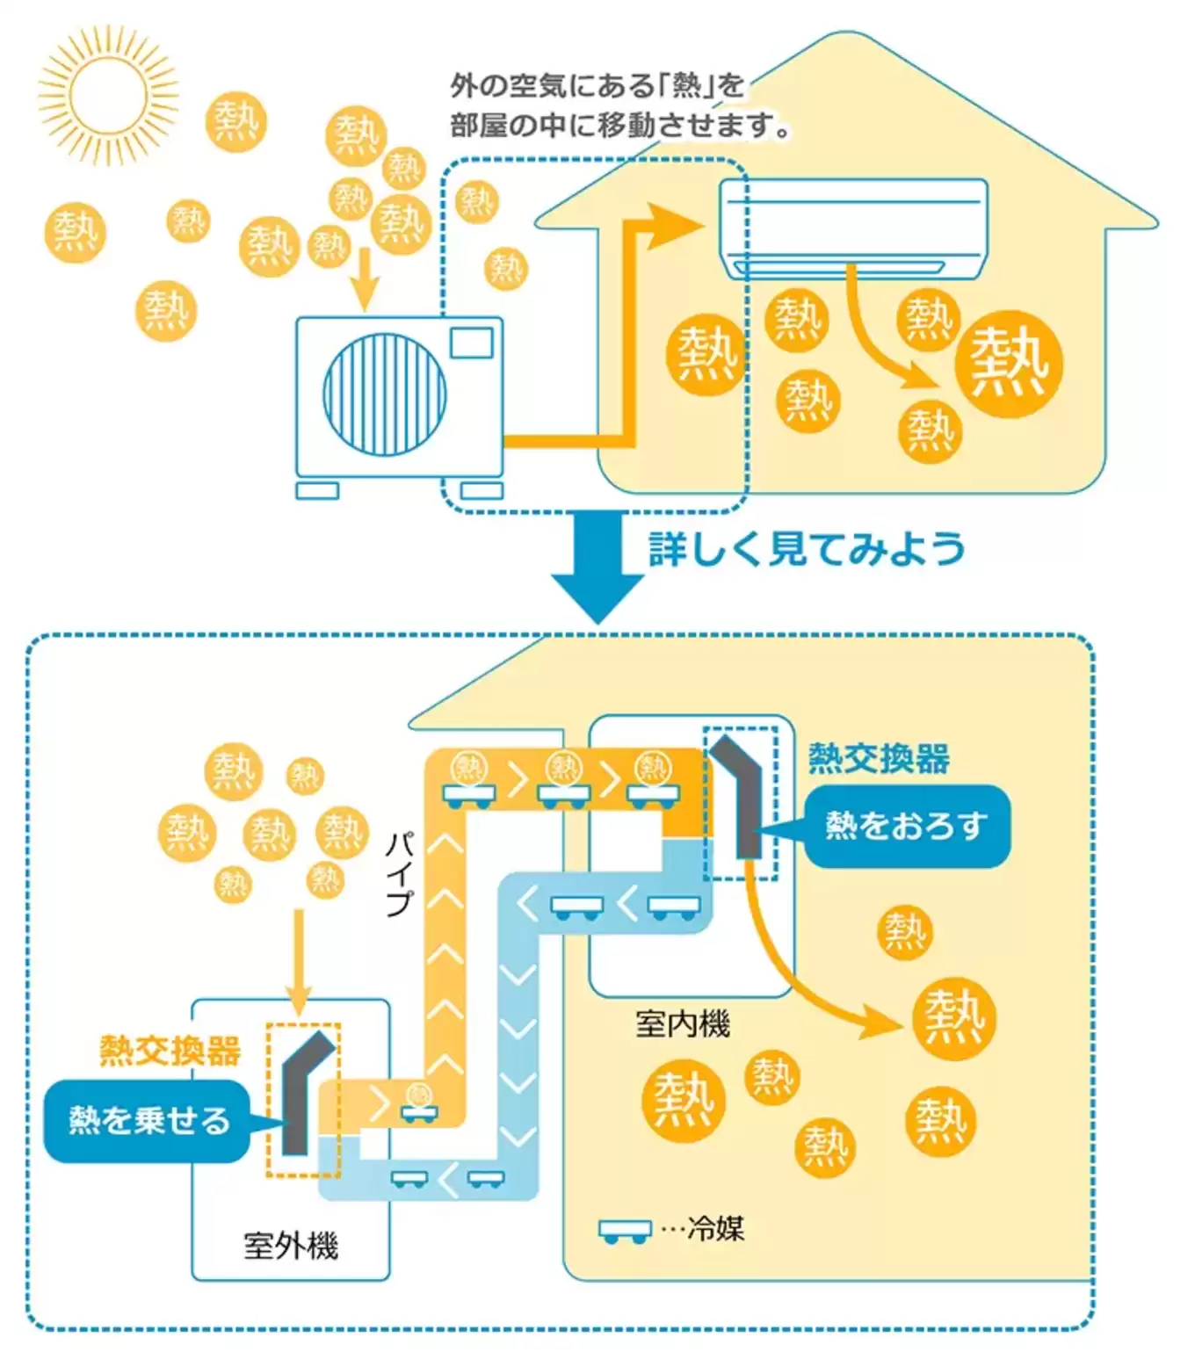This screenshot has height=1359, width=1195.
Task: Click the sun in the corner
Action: (108, 95)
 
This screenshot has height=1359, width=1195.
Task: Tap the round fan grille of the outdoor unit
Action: (384, 394)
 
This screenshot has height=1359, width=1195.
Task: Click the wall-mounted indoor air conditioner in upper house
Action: (853, 228)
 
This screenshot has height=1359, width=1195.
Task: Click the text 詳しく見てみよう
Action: (806, 549)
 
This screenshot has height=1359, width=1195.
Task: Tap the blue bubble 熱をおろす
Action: (907, 826)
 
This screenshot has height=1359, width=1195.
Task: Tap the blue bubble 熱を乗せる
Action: (148, 1120)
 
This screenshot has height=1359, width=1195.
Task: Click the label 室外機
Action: (290, 1246)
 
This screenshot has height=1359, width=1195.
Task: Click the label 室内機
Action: (682, 1023)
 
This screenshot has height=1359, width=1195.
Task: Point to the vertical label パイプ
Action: (400, 874)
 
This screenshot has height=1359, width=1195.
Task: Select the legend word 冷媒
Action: (715, 1228)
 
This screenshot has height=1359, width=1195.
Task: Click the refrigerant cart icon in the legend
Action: (625, 1231)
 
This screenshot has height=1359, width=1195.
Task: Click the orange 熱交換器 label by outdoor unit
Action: (170, 1051)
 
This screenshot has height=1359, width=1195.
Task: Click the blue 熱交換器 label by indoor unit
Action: (879, 758)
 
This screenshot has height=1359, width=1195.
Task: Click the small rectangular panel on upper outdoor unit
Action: (471, 343)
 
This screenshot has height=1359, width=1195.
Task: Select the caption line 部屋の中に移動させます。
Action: (619, 126)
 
